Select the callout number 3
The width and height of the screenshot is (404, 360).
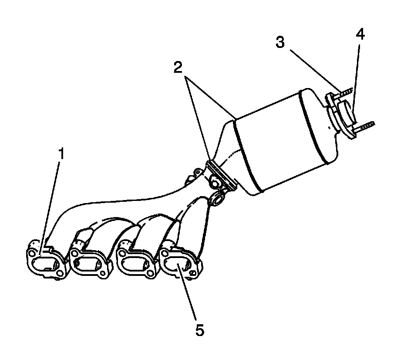[x=280, y=42]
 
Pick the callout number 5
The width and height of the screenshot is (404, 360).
[x=199, y=330]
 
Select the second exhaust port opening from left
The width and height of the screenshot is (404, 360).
[x=89, y=263]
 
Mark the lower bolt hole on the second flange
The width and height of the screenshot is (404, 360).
[x=103, y=274]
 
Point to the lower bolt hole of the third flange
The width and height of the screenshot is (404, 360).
[x=149, y=273]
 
